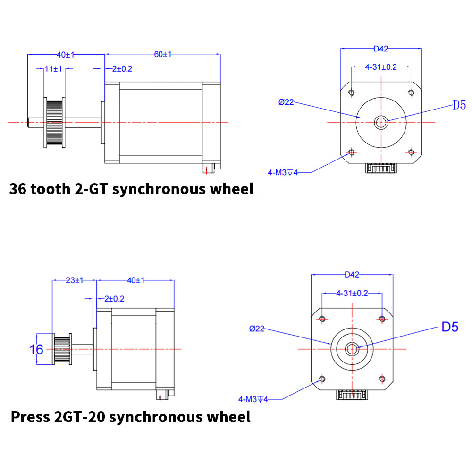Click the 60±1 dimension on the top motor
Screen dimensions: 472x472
(x=162, y=55)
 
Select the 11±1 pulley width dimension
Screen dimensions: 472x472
(x=53, y=69)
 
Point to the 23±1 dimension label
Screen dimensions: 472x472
(x=74, y=280)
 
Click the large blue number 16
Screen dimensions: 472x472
(x=36, y=350)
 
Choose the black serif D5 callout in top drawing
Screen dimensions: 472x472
(x=459, y=105)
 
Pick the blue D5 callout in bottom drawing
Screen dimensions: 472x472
(x=449, y=327)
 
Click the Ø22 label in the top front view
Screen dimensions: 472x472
(x=287, y=102)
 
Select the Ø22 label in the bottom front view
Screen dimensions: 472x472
(x=256, y=329)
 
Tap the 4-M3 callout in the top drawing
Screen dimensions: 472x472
(x=283, y=173)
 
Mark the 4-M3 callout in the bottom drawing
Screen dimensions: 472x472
(x=253, y=399)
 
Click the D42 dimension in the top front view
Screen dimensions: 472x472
(x=380, y=48)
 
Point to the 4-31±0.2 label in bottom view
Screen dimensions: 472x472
(x=352, y=293)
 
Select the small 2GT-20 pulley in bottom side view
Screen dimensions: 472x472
(x=62, y=349)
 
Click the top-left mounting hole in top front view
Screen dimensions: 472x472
(x=351, y=92)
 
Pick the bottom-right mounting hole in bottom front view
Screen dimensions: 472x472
(x=381, y=379)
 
